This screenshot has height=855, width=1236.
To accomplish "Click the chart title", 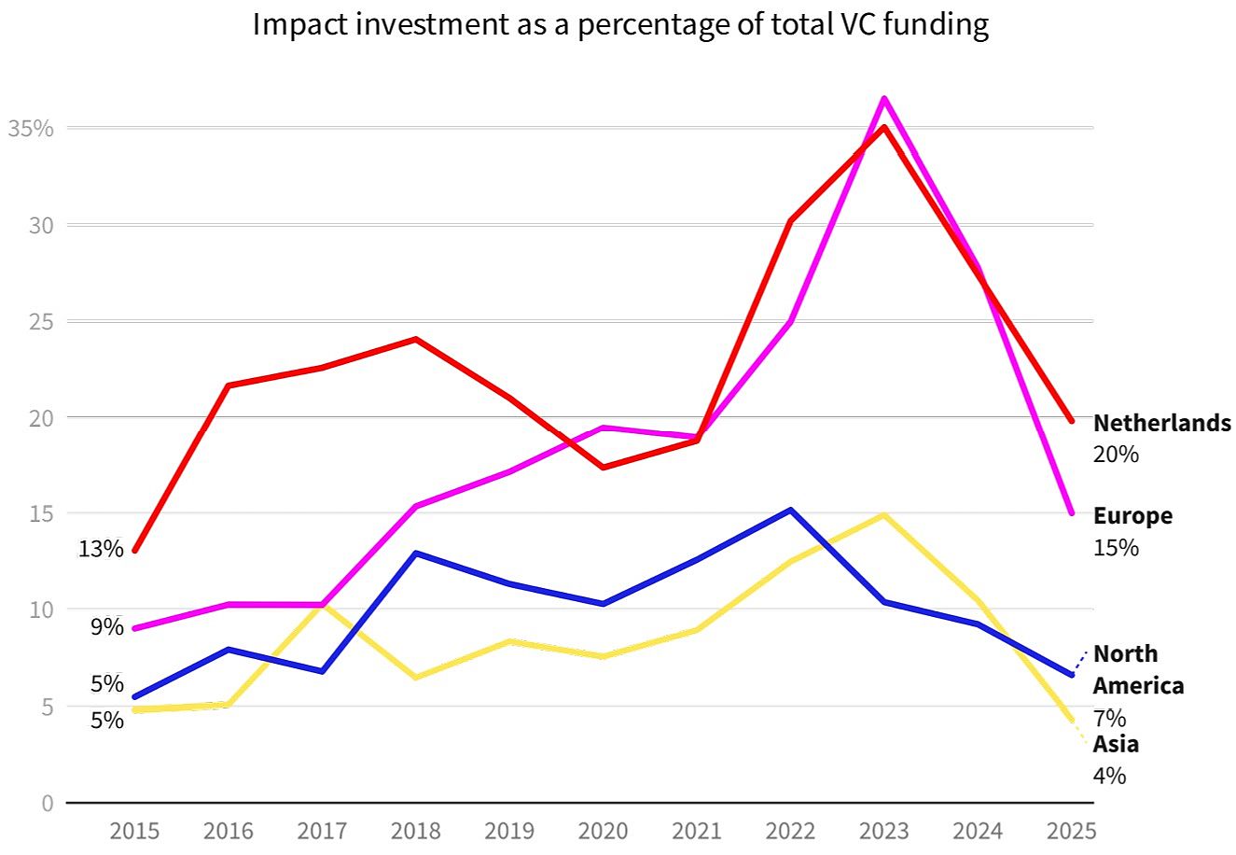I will [x=620, y=25].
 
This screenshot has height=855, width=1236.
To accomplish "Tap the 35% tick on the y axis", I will [x=30, y=128].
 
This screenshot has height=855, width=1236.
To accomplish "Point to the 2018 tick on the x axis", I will [x=416, y=830].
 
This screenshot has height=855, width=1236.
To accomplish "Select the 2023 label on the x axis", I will [x=884, y=830].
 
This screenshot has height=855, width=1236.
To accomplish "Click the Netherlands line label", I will [x=1161, y=424].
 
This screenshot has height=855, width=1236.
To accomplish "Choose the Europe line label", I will [x=1132, y=516].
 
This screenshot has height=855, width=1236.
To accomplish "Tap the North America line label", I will [x=1138, y=669].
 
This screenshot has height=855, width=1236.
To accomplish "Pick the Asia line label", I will [x=1116, y=745].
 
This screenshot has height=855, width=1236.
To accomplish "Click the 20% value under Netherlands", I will [x=1116, y=455].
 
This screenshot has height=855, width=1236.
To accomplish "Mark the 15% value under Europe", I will [x=1116, y=548].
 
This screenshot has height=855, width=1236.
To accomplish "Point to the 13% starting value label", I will [x=101, y=549].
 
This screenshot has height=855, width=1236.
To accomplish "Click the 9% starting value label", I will [x=107, y=627].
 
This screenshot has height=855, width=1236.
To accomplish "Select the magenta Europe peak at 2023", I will [x=884, y=98].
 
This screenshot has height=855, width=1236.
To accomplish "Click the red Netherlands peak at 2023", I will [x=884, y=127].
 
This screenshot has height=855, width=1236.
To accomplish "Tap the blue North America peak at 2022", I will [x=790, y=511].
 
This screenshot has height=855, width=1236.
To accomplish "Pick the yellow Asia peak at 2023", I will [x=883, y=514].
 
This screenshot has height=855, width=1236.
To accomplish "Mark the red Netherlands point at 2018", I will [x=416, y=339].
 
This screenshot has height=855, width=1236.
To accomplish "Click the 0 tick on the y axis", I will [x=47, y=803].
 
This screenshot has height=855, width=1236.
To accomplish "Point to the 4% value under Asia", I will [x=1109, y=776].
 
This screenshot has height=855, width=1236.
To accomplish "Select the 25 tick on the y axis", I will [x=41, y=321].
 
